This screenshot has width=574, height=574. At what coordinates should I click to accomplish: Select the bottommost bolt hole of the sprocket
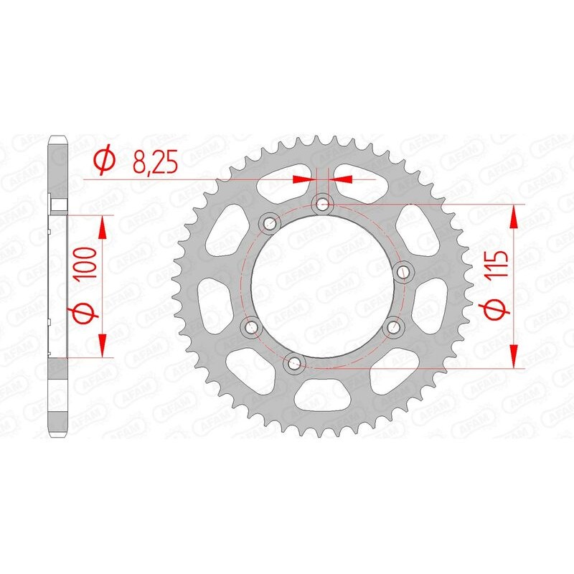[293, 364]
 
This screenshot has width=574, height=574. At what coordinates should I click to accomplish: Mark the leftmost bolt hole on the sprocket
[250, 327]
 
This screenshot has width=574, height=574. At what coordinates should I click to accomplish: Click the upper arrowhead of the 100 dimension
[102, 229]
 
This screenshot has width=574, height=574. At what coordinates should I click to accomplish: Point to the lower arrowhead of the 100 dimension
[102, 344]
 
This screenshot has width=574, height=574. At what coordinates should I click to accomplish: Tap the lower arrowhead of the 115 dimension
[514, 354]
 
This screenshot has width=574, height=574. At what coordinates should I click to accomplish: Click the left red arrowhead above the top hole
[304, 177]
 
